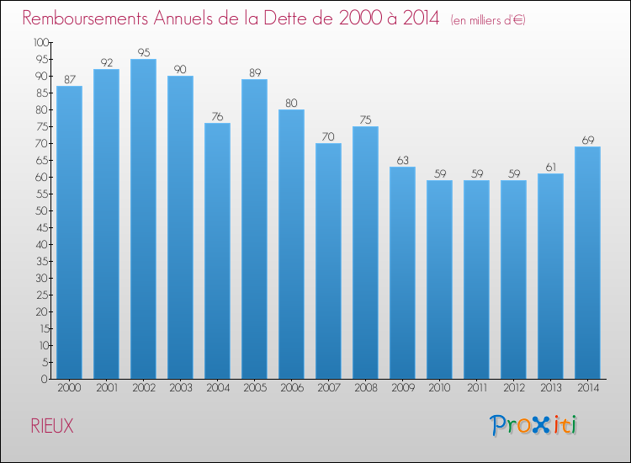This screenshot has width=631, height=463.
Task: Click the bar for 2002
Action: coord(143,219)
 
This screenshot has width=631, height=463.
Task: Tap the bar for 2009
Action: coord(402,273)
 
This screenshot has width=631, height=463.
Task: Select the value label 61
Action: coord(550,167)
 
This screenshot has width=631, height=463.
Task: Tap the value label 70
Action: coord(328,136)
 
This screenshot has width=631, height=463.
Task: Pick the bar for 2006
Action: coord(291,244)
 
